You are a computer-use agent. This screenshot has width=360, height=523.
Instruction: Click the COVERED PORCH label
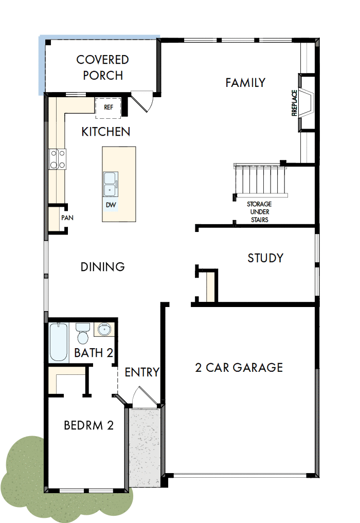coord(103,67)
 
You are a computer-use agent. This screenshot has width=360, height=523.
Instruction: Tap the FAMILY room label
coord(245,82)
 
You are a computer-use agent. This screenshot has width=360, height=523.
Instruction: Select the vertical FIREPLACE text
coord(295,103)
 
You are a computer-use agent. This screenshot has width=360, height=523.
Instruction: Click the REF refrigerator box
coord(109,107)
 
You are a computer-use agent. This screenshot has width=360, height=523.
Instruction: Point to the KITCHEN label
coord(106,132)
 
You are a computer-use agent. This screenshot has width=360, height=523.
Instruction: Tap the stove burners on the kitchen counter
coord(57,158)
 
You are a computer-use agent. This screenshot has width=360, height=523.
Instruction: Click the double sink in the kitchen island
coord(110,184)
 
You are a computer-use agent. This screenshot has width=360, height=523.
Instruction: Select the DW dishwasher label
coord(111,205)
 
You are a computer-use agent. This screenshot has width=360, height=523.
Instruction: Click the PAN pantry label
coord(67,218)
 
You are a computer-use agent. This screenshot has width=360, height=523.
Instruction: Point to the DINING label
coord(103,266)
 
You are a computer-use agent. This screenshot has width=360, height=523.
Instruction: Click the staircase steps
coord(260,180)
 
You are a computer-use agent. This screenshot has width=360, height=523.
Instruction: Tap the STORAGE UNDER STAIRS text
coord(259,212)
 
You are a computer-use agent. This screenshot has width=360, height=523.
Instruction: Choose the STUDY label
coord(265,258)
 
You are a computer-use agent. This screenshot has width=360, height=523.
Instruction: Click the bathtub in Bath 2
coord(59,341)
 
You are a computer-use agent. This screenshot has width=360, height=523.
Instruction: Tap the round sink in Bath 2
coord(104,329)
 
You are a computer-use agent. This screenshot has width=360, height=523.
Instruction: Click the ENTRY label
coord(142,372)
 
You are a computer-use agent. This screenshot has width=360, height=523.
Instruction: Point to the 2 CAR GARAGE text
coord(239,367)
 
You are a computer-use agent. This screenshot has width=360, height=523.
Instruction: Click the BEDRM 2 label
coord(88,425)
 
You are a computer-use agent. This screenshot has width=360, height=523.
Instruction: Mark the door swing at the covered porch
coord(142,100)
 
